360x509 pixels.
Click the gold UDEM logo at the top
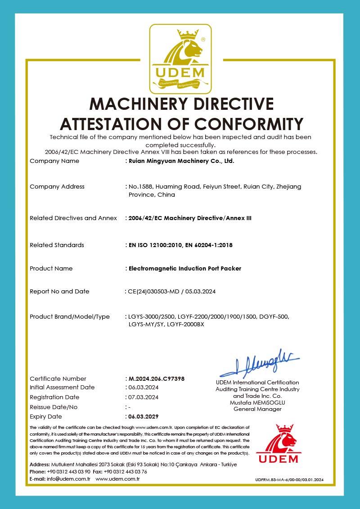180,59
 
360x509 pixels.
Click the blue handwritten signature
259,364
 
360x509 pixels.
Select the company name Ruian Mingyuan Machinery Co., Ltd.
181,161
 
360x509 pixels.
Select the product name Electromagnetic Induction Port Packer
185,269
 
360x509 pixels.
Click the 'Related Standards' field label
57,245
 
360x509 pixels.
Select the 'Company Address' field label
57,187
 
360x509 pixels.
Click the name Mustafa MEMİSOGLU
257,402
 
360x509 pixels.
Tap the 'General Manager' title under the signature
257,409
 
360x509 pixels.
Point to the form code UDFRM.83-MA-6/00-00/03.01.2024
289,480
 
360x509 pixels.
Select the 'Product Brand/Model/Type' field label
70,317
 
